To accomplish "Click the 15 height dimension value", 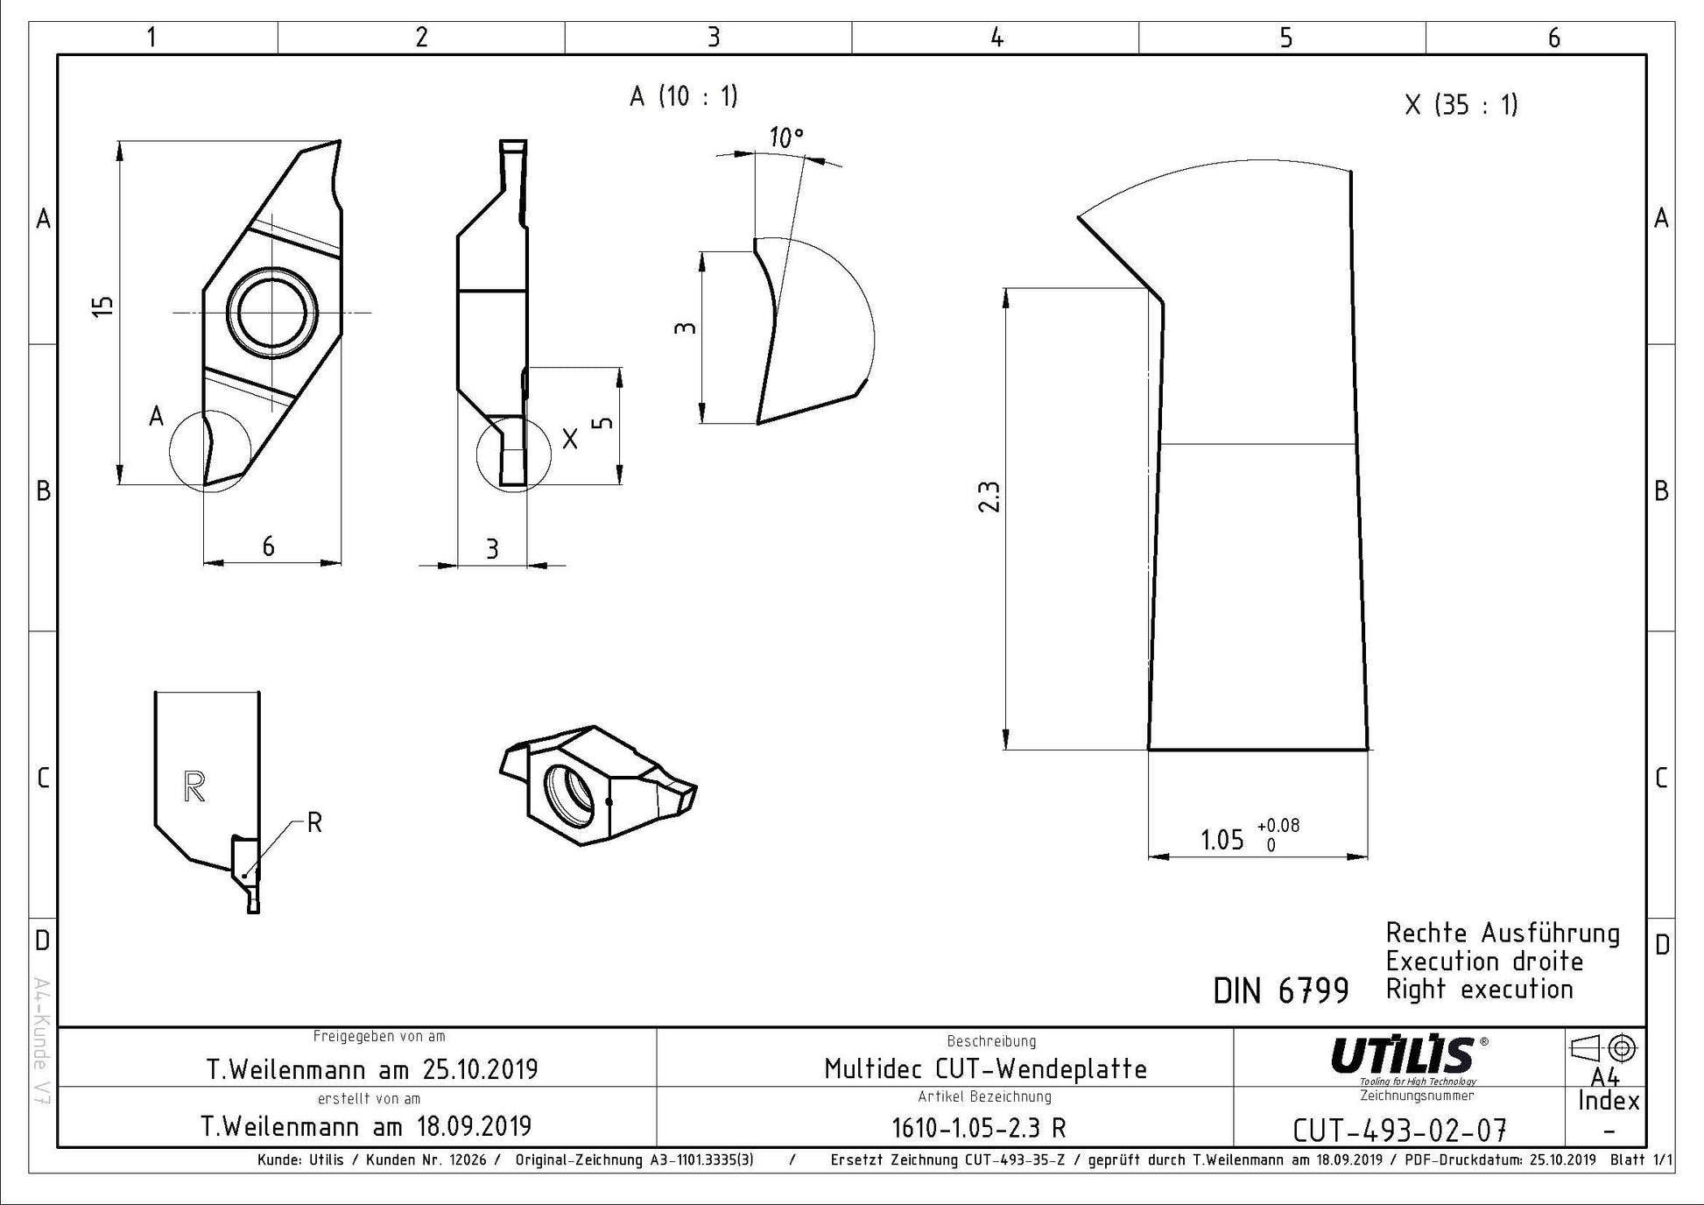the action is click(x=103, y=306).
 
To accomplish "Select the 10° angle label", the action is click(x=786, y=137).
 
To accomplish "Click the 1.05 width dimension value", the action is click(x=1222, y=840).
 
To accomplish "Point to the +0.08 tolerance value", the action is click(x=1278, y=825).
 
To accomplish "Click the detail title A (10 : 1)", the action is click(x=684, y=95).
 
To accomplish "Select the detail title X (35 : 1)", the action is click(x=1461, y=105).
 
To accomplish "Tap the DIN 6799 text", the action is click(x=1281, y=990).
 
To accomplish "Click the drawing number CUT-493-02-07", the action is click(x=1399, y=1131).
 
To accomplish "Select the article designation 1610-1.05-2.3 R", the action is click(x=979, y=1128).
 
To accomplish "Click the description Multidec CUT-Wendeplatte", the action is click(x=985, y=1068).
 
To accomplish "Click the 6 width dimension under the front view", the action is click(x=268, y=546).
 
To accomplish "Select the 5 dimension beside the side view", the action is click(x=603, y=423).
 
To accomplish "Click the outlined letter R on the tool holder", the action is click(x=194, y=786).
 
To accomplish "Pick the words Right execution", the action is click(x=1480, y=990).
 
